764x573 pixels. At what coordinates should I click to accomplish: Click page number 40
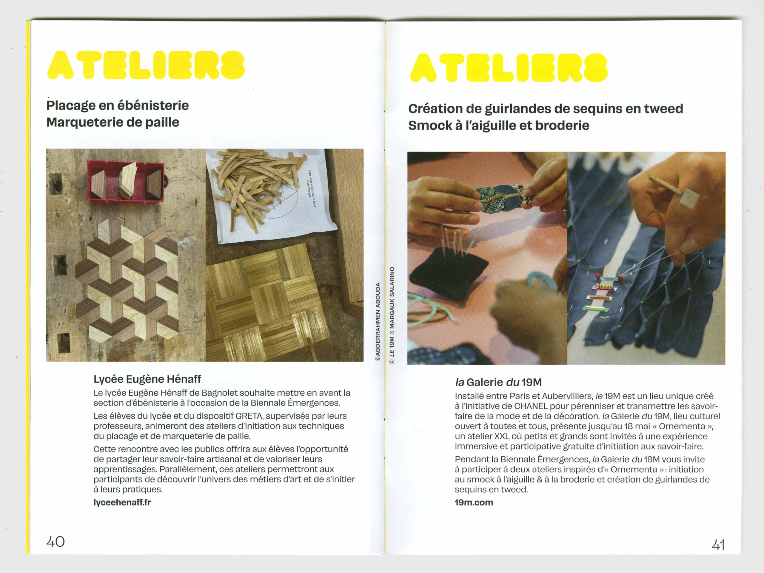(x=56, y=541)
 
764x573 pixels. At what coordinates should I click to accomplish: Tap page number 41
(x=718, y=545)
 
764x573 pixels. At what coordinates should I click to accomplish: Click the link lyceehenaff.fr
(x=122, y=502)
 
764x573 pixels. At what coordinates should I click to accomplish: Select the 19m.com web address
(x=474, y=502)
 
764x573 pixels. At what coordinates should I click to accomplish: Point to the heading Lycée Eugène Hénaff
(x=147, y=379)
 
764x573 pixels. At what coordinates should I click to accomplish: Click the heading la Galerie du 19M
(x=498, y=382)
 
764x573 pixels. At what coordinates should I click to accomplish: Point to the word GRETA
(x=249, y=416)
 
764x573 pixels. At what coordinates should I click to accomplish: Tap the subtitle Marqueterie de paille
(x=113, y=122)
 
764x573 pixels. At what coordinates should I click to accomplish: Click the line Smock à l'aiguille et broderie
(x=498, y=125)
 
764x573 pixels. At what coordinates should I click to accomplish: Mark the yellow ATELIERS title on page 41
(x=509, y=68)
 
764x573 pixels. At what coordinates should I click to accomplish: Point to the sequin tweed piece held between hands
(x=501, y=199)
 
